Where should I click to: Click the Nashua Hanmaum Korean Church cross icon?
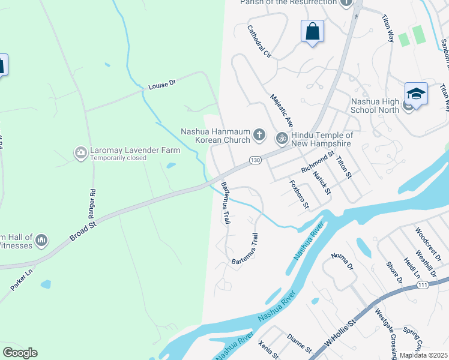[259, 134]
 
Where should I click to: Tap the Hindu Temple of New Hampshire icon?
[281, 139]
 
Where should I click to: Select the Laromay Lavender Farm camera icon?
[80, 154]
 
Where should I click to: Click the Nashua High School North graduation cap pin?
[416, 94]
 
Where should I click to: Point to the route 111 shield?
[424, 285]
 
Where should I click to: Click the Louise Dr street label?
[161, 85]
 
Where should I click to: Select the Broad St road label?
[83, 230]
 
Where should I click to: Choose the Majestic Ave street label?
[281, 110]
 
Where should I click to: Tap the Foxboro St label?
[299, 194]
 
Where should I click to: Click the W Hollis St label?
[340, 334]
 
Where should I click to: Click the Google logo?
[20, 353]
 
